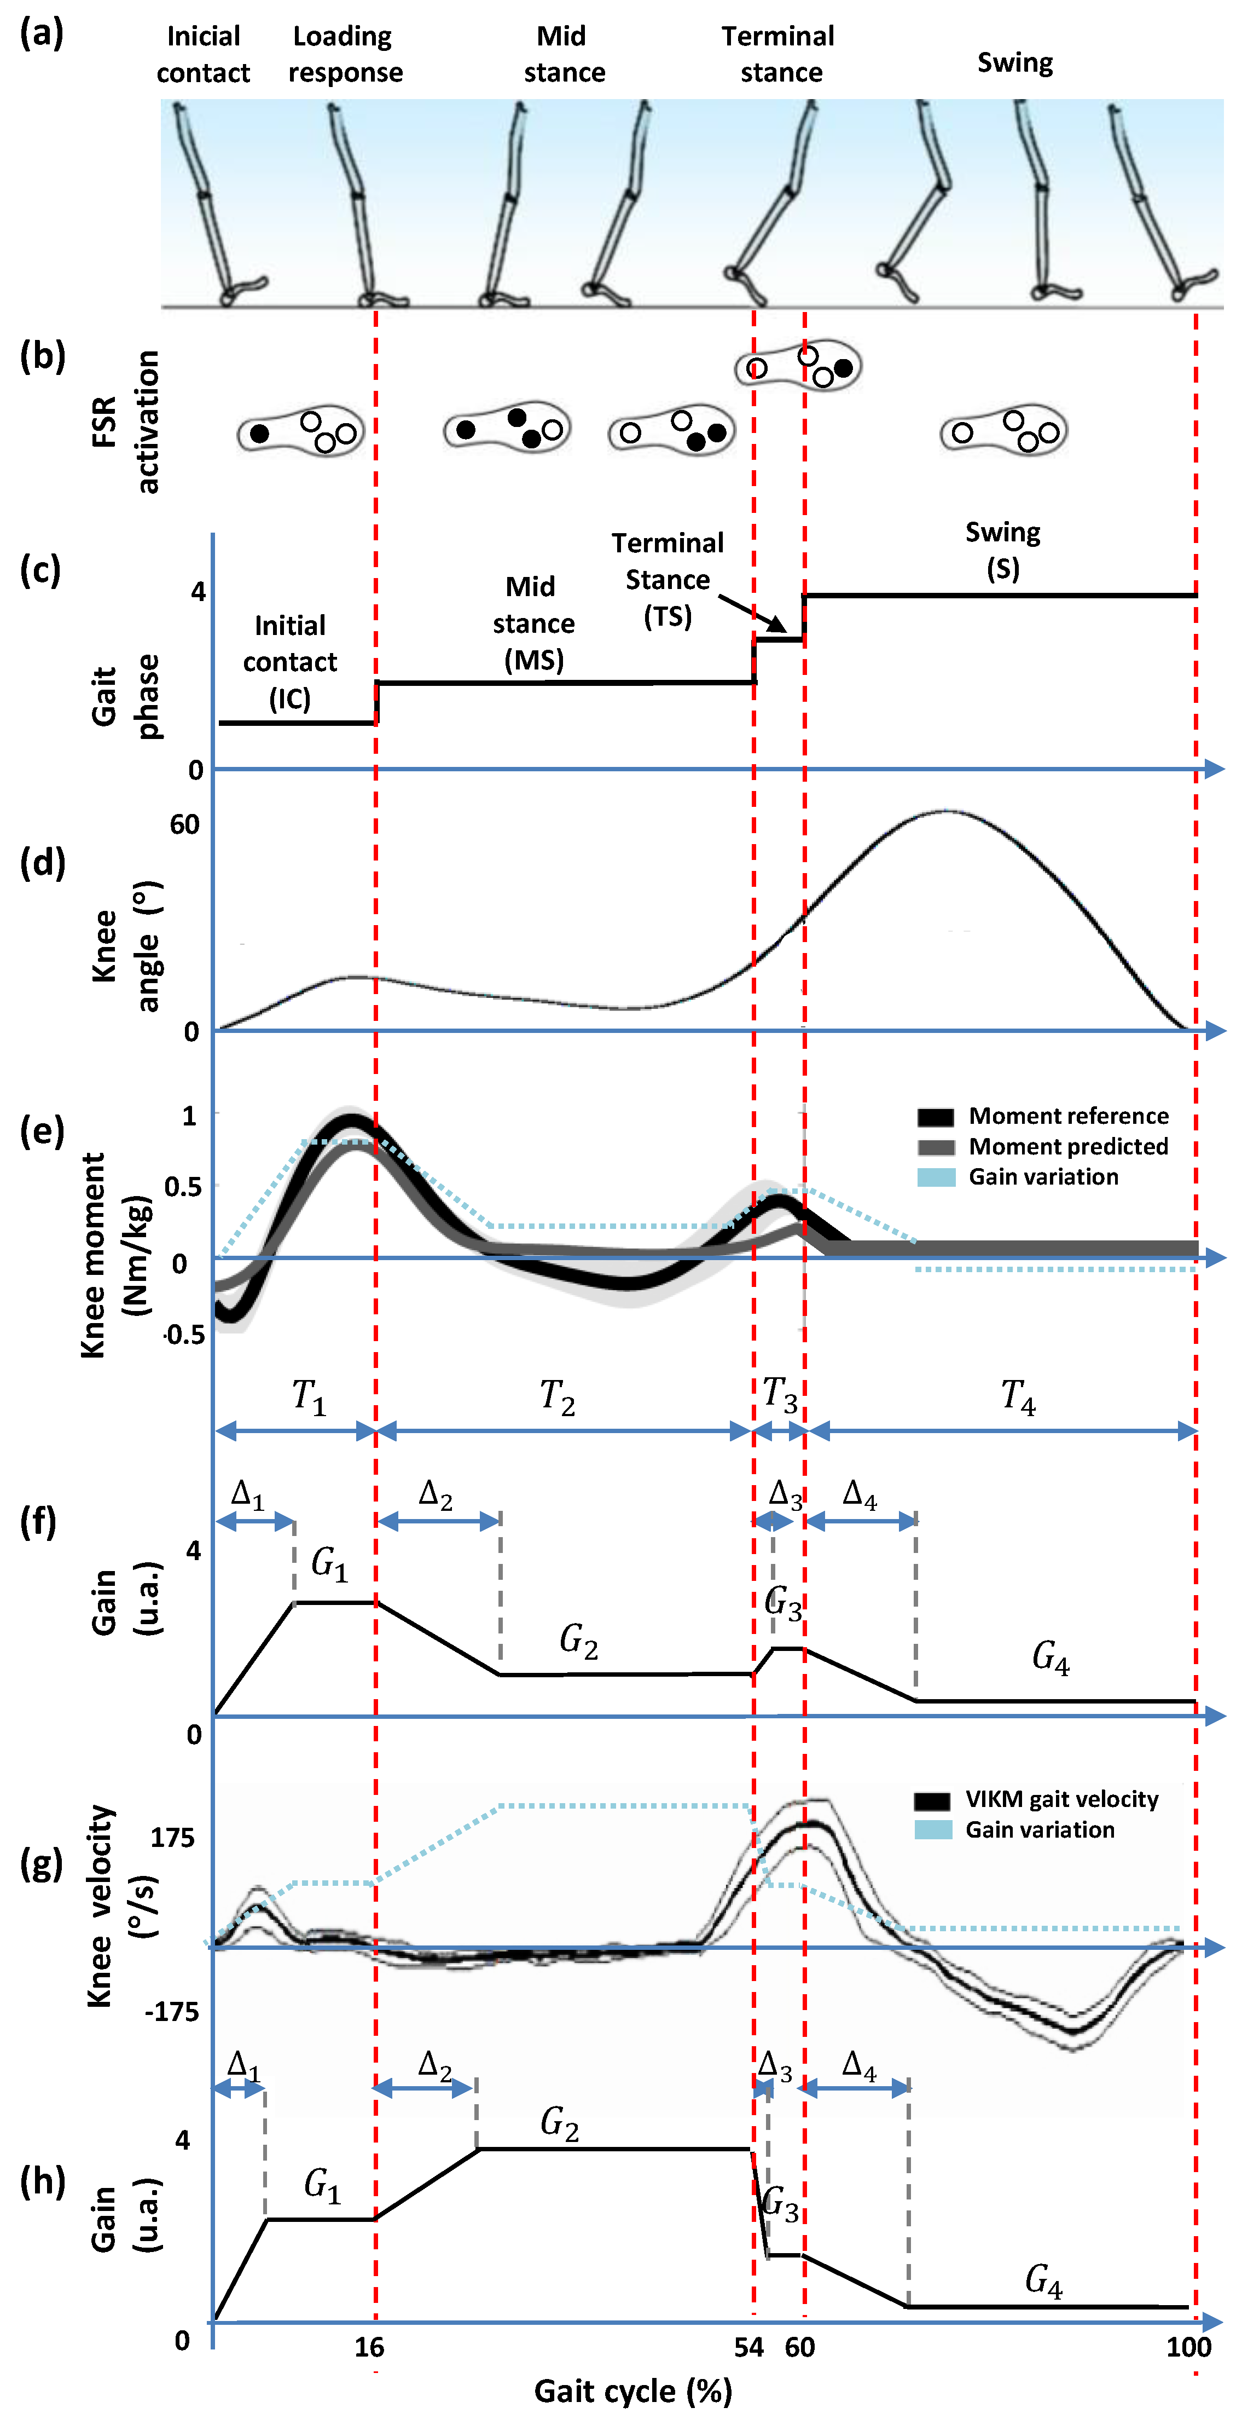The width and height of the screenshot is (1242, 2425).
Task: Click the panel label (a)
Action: [42, 34]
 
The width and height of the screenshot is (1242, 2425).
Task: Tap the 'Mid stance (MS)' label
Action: [533, 623]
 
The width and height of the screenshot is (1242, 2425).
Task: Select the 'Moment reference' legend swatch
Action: [935, 1117]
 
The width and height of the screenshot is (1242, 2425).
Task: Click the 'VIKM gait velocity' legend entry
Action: [1061, 1799]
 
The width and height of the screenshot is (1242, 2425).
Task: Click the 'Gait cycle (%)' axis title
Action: [632, 2391]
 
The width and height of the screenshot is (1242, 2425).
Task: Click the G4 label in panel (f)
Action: [1050, 1657]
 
